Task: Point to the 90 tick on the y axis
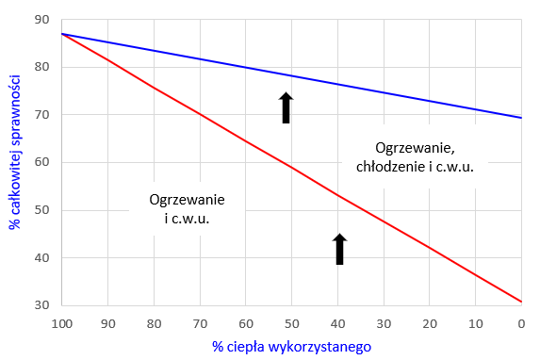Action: [43, 20]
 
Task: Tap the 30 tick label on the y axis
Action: [43, 305]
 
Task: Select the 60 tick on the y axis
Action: [43, 162]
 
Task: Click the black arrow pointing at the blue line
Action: [287, 107]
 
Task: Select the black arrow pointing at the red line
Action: [340, 250]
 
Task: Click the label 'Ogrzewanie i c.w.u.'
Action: [180, 209]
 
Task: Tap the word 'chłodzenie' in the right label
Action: [390, 168]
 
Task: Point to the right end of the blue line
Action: [521, 118]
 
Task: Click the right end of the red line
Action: [521, 302]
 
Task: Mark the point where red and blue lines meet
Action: [62, 34]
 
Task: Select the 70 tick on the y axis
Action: [43, 115]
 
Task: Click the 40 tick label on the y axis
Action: [43, 257]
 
